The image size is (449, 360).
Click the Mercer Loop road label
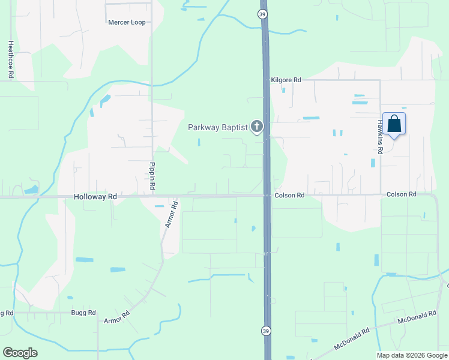(127, 22)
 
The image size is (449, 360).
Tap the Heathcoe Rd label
(10, 59)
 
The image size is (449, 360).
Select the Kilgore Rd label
(286, 80)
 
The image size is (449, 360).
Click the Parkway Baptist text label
(217, 127)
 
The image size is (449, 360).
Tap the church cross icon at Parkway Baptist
(257, 126)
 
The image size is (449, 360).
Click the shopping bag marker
(394, 124)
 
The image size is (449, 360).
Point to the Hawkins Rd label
(380, 133)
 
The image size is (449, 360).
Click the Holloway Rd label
(95, 196)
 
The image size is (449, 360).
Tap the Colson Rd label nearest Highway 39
(291, 195)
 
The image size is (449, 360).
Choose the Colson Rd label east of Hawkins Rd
(402, 194)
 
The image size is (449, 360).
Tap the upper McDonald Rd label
(420, 316)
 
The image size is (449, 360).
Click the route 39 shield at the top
(263, 14)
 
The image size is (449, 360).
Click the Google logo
(20, 353)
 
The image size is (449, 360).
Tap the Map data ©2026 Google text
(411, 355)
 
